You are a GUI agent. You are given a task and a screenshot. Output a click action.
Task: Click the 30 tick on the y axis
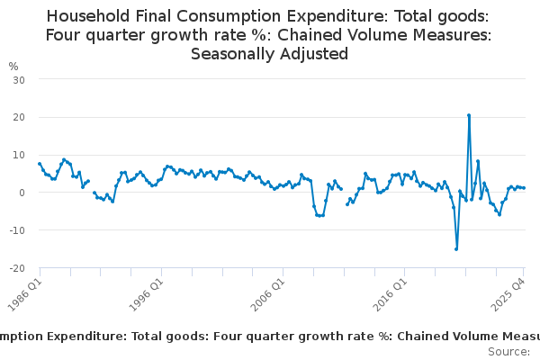coord(18,79)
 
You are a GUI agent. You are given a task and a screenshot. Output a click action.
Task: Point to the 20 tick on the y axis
coord(18,117)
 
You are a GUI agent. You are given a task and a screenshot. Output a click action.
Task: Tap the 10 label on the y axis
coord(18,155)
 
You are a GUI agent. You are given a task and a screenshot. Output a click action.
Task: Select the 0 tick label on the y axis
coord(21,193)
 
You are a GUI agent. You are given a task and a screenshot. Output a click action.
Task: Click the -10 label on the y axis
coord(16,230)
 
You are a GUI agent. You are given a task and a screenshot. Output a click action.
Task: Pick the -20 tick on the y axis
coord(16,268)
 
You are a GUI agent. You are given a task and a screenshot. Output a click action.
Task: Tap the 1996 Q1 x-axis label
coord(147,291)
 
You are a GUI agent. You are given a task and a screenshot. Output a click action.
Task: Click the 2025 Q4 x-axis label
coord(510,291)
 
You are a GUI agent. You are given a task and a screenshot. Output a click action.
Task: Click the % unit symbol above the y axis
coord(13,66)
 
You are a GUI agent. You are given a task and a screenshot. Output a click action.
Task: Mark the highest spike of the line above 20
coord(469,115)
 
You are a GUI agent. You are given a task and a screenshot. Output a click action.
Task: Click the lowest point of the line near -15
coord(456,249)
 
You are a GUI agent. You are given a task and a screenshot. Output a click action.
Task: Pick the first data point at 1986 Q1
coord(40,164)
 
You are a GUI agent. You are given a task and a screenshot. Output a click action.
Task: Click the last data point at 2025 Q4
coord(525,188)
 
